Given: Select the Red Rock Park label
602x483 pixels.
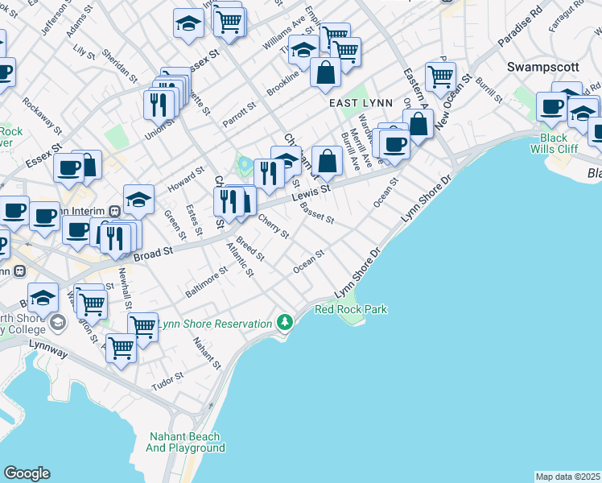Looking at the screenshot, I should click(351, 309).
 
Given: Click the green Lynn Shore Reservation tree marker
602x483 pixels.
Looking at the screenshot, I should click(283, 323).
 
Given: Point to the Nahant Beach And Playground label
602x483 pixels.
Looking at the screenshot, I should click(186, 442).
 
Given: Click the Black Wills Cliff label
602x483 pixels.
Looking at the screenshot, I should click(554, 143).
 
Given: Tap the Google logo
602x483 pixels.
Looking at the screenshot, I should click(27, 473).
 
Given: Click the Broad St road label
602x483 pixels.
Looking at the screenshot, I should click(154, 254).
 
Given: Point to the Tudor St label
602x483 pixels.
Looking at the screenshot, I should click(168, 382).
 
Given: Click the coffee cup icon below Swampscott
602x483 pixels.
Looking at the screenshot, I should click(552, 105).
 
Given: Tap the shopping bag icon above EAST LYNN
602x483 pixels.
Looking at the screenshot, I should click(325, 72).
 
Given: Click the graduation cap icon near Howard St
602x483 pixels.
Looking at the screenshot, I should click(138, 199).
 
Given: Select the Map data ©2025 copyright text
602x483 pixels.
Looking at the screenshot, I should click(568, 477).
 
